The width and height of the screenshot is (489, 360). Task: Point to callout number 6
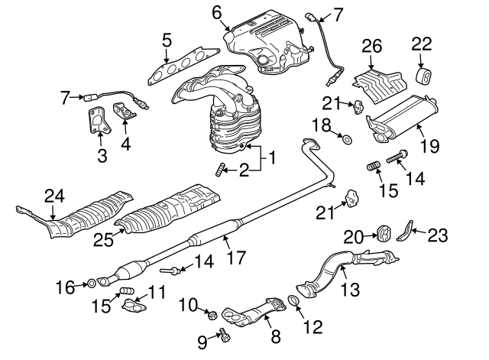[216, 11]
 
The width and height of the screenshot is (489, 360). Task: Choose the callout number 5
[166, 40]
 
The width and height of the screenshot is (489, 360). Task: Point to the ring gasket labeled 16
[89, 285]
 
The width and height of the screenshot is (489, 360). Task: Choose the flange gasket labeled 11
[134, 306]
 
